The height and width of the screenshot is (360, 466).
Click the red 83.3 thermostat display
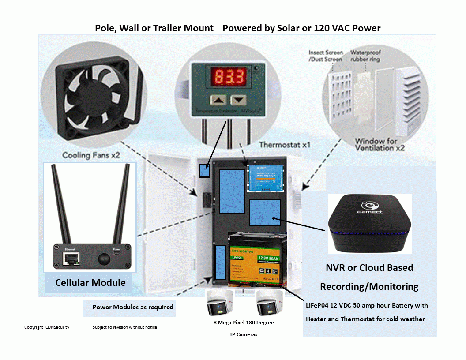[x=229, y=78]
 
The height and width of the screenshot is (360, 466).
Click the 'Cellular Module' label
[x=90, y=283]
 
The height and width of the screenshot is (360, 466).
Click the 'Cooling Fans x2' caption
[x=91, y=155]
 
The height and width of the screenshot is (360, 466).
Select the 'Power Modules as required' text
[x=132, y=307]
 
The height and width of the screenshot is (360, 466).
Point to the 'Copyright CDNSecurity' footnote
[x=46, y=327]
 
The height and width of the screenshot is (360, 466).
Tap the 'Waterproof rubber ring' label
[x=365, y=56]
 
